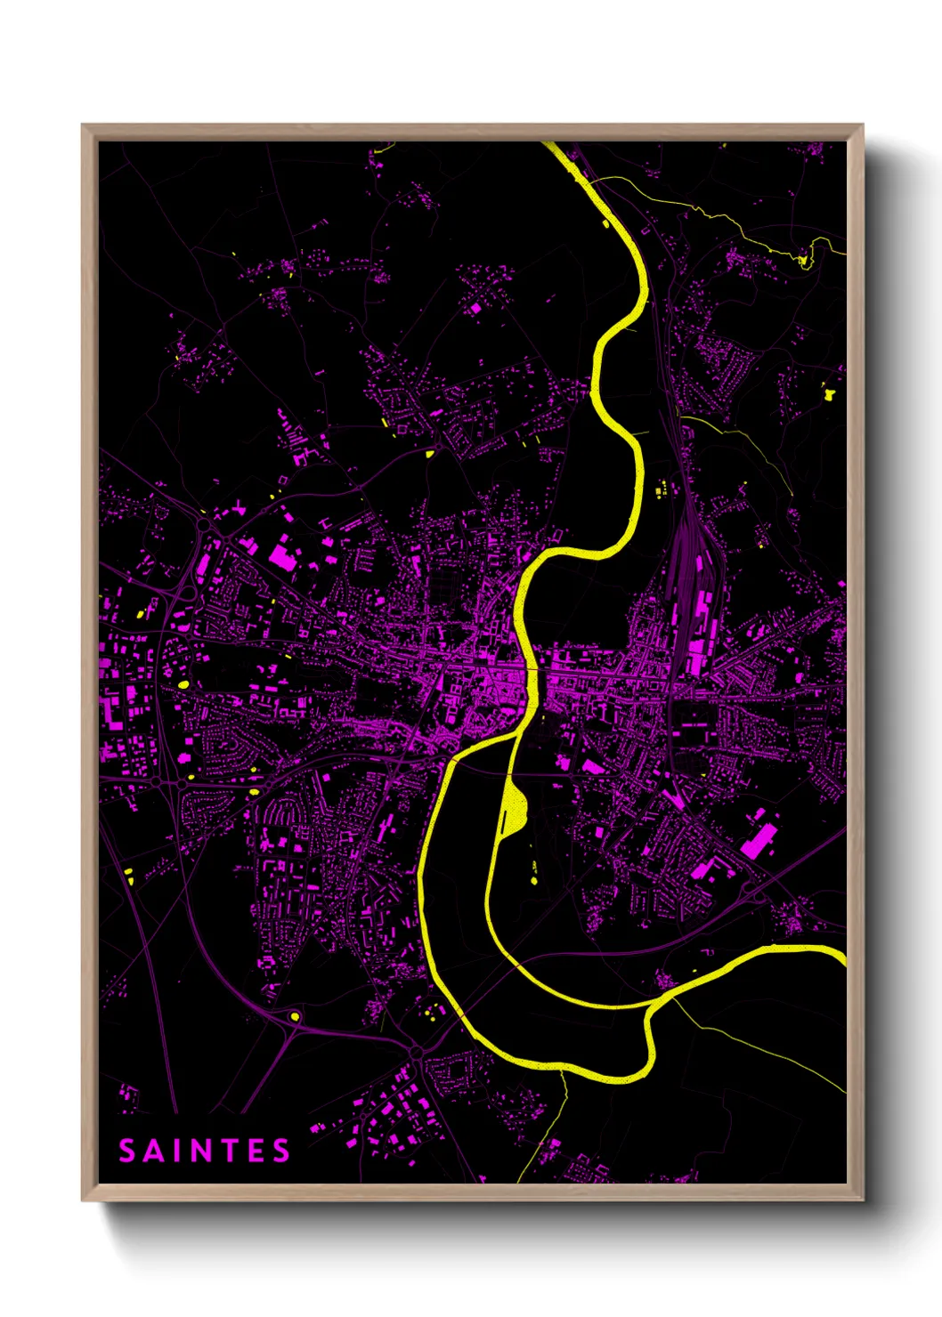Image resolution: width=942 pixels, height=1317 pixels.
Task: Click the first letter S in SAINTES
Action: coord(127,1151)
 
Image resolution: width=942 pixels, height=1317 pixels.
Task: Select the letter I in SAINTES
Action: coord(177,1151)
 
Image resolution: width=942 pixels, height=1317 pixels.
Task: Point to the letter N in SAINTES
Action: coord(201,1151)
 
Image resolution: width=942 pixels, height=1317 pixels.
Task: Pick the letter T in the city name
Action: coord(229,1151)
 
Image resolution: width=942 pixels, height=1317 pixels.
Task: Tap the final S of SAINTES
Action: coord(281,1151)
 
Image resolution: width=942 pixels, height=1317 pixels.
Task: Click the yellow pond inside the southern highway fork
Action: coord(295,1015)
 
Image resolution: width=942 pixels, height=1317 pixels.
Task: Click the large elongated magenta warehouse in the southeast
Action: coord(759,840)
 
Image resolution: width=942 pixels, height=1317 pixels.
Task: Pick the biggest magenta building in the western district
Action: coord(282,556)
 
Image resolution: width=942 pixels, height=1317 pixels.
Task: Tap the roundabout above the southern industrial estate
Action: coord(417,1053)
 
